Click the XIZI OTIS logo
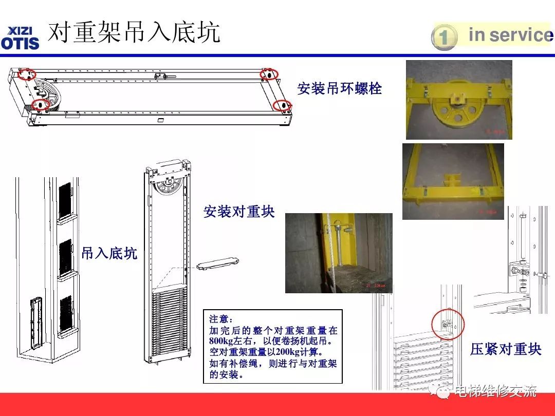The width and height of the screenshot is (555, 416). [x=20, y=38]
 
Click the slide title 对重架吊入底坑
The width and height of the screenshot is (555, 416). [x=134, y=32]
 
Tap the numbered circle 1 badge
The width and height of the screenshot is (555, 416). [x=444, y=37]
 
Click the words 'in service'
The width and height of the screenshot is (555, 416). [x=511, y=35]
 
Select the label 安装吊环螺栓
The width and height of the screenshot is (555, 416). [x=340, y=88]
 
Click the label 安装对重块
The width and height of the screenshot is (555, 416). [x=239, y=212]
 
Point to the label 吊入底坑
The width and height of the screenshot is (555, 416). [x=109, y=253]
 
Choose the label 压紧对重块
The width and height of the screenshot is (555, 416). [x=506, y=349]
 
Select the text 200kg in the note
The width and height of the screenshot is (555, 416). [x=287, y=352]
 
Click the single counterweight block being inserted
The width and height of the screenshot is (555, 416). [x=218, y=263]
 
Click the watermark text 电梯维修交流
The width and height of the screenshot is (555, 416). [x=495, y=391]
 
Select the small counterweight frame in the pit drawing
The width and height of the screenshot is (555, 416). [x=37, y=322]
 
